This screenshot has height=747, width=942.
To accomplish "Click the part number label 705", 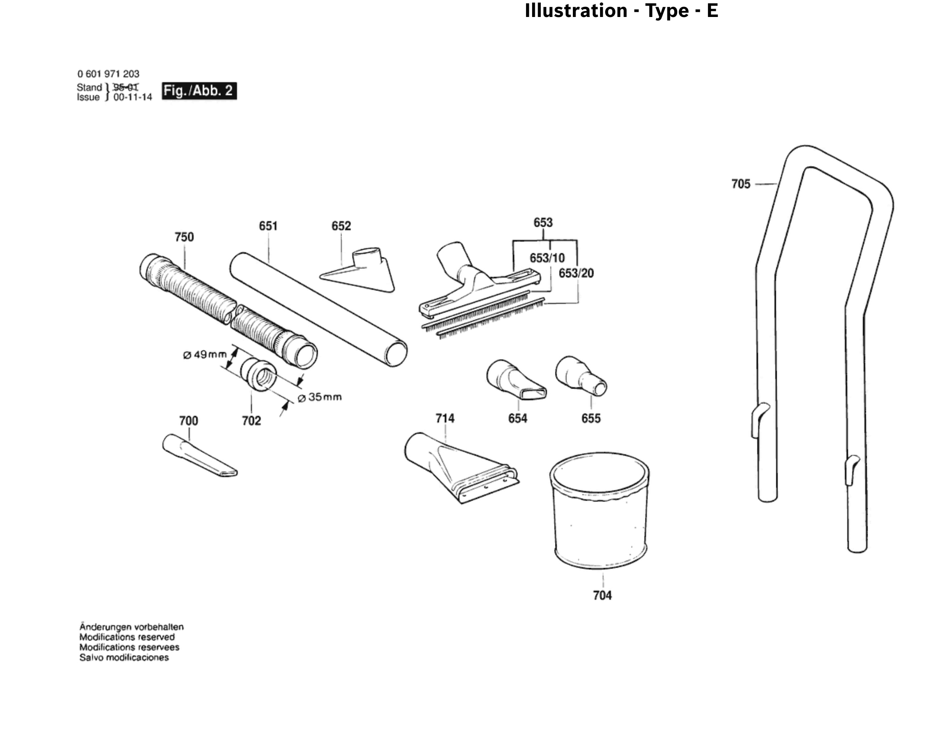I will pyautogui.click(x=740, y=184).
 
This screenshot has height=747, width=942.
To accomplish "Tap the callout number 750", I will pyautogui.click(x=184, y=237).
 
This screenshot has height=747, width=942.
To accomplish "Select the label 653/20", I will pyautogui.click(x=576, y=273).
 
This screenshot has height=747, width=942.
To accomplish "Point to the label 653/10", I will pyautogui.click(x=547, y=258).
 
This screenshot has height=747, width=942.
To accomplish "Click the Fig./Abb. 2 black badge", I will pyautogui.click(x=199, y=91).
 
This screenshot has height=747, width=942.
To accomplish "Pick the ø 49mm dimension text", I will pyautogui.click(x=205, y=355).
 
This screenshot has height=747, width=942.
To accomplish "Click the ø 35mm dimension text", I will pyautogui.click(x=320, y=397).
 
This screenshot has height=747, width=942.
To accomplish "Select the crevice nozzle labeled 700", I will pyautogui.click(x=200, y=456).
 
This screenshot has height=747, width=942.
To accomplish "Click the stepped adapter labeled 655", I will pyautogui.click(x=581, y=376).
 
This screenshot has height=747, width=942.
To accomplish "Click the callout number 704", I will pyautogui.click(x=602, y=596).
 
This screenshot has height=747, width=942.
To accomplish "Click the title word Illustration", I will pyautogui.click(x=576, y=11).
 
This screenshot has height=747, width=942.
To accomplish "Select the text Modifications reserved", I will pyautogui.click(x=127, y=637).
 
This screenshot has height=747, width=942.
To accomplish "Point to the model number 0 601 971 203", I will pyautogui.click(x=108, y=74).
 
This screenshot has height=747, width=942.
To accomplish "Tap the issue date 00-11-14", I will pyautogui.click(x=133, y=98).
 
